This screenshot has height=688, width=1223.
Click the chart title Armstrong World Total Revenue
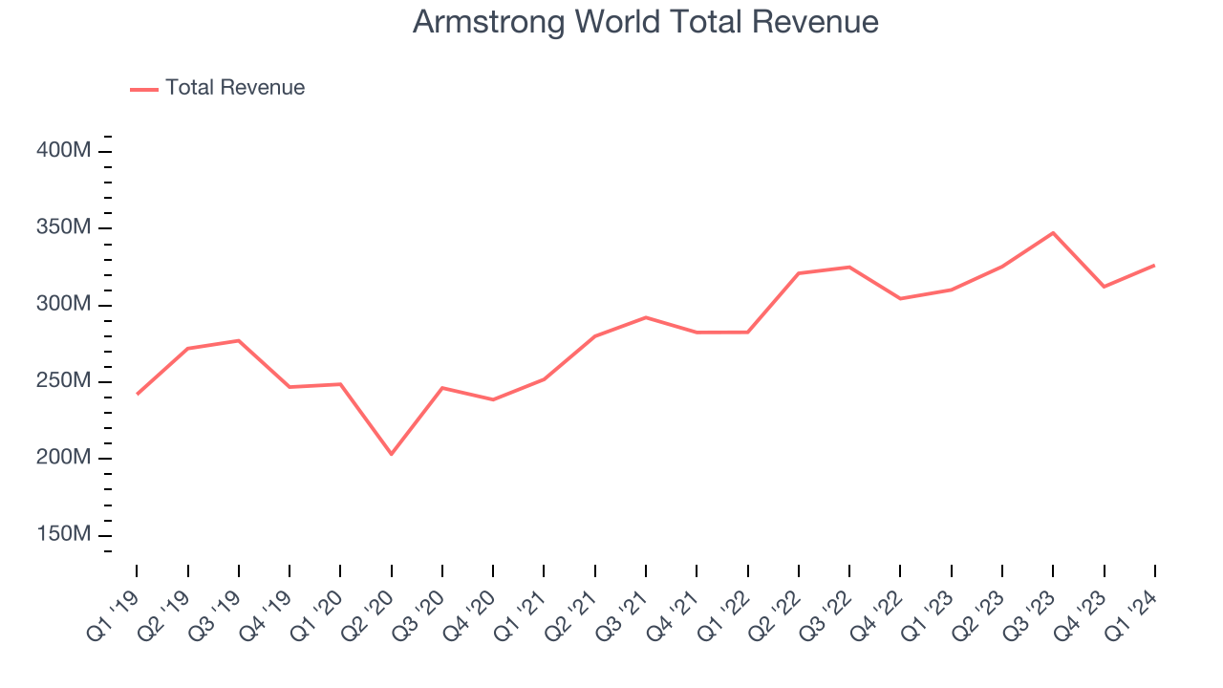[x=645, y=22]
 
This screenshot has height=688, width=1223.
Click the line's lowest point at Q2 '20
[x=392, y=454]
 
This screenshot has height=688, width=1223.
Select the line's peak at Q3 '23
[x=1053, y=232]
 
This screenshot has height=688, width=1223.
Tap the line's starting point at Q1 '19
[x=137, y=394]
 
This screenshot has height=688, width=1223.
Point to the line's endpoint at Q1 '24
[x=1154, y=265]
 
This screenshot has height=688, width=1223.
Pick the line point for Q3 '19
[x=239, y=340]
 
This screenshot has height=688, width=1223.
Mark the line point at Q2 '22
[x=799, y=273]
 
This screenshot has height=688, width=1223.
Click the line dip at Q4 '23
[x=1104, y=287]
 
